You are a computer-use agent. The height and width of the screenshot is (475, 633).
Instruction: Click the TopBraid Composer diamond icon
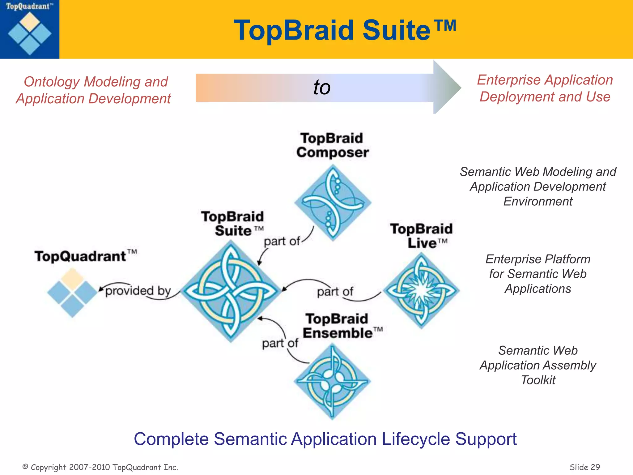coord(333,203)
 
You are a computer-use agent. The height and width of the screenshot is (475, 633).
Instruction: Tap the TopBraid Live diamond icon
coord(421,290)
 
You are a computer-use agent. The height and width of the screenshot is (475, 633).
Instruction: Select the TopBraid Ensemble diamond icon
coord(332,381)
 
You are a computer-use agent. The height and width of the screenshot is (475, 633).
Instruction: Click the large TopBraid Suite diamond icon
coord(231,291)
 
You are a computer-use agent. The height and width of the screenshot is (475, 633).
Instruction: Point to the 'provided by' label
coord(138,291)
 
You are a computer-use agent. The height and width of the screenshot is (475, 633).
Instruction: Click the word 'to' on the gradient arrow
coord(322,88)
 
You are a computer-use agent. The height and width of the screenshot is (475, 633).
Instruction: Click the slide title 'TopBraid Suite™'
coord(345,30)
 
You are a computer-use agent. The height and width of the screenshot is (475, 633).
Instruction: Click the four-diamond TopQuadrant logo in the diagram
coord(72,292)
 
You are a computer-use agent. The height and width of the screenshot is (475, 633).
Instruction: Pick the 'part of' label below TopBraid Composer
coord(282,241)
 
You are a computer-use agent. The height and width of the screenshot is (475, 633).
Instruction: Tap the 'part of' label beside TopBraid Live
coord(335,292)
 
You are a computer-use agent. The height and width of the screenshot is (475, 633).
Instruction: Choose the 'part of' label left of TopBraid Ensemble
coord(280,343)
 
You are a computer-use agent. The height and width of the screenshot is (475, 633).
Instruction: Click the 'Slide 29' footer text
coord(584,467)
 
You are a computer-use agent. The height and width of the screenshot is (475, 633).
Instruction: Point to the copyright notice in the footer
coord(100,467)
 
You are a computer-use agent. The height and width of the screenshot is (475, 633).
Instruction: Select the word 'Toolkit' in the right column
coord(538,380)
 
